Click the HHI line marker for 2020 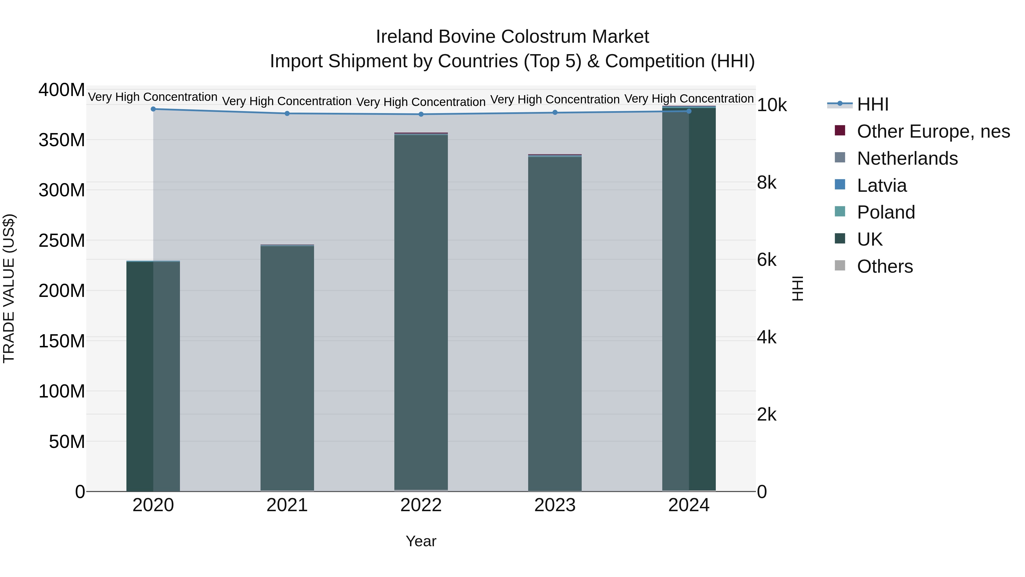pos(153,109)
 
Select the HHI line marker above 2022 pos(421,114)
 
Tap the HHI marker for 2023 pos(555,113)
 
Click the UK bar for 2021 pos(287,366)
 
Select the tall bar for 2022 pos(421,311)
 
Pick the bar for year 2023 pos(555,323)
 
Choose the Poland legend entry pos(886,212)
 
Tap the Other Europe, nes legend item pos(933,131)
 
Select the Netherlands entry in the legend pos(907,158)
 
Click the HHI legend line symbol pos(840,104)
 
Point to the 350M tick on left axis pos(62,140)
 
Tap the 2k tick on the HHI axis pos(766,415)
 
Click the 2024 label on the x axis pos(689,505)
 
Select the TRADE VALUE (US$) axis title pos(9,288)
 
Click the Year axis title pos(421,541)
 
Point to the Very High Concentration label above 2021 pos(287,101)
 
